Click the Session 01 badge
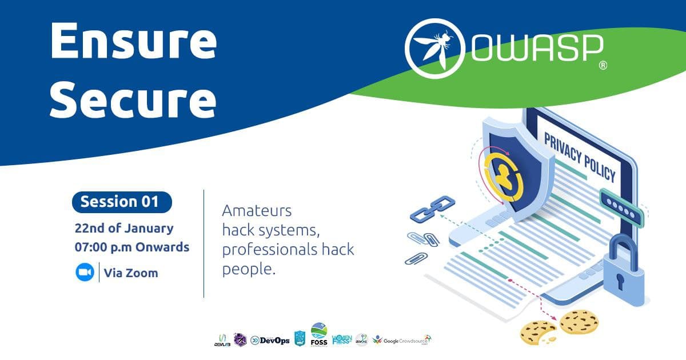click(122, 202)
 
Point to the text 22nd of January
click(123, 228)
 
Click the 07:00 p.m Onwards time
click(132, 248)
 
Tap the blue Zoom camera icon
click(85, 273)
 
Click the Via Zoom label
click(130, 273)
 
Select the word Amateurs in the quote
click(257, 211)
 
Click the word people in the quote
click(249, 269)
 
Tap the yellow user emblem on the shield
click(501, 174)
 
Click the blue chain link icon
click(432, 209)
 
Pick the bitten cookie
click(538, 332)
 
